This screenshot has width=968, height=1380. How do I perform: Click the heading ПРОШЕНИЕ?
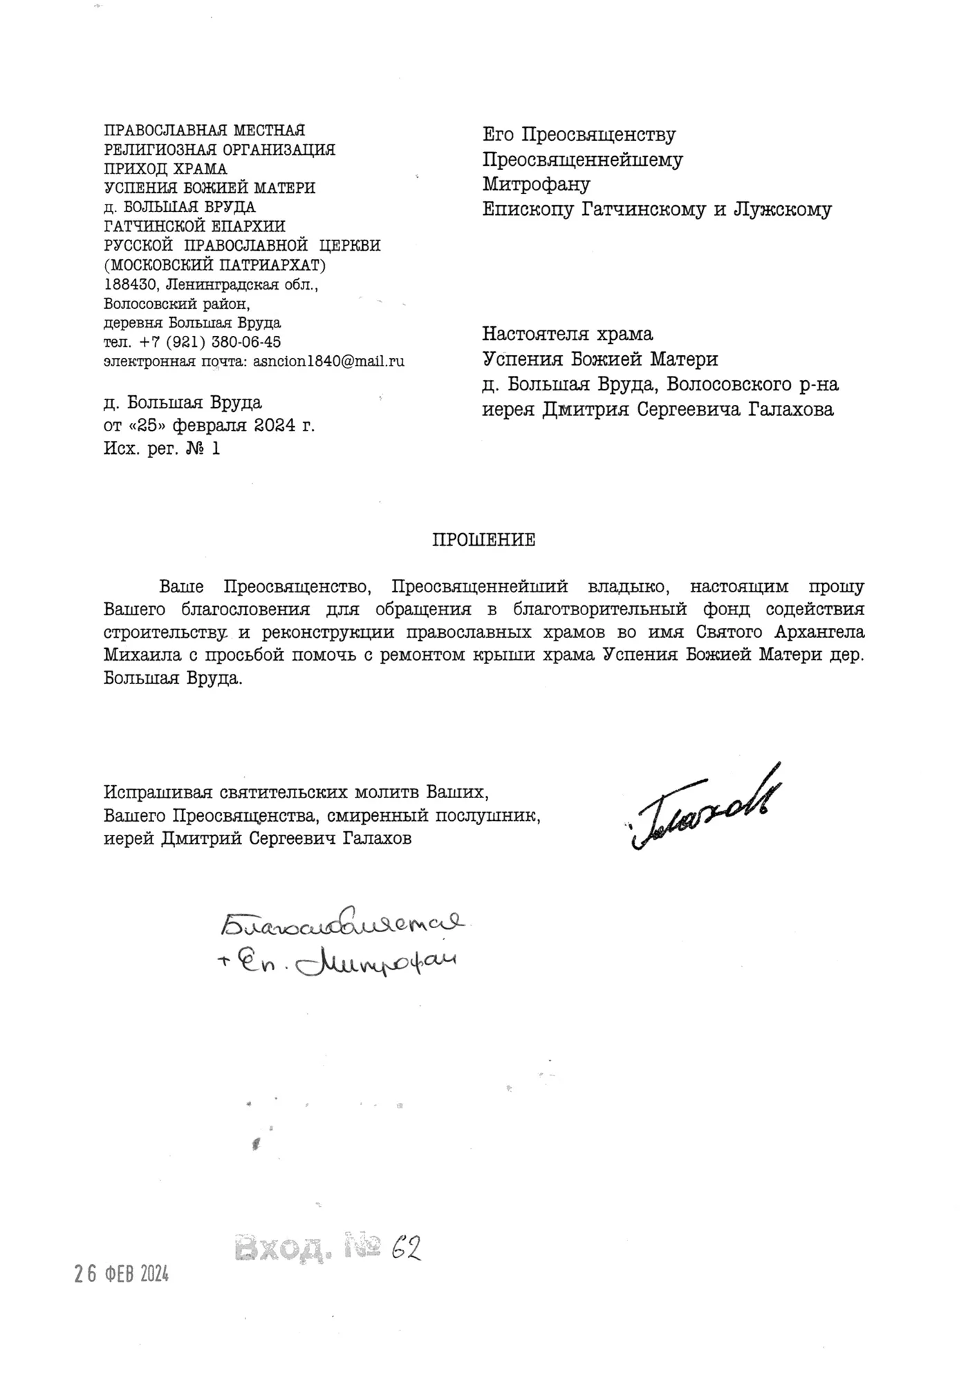[483, 540]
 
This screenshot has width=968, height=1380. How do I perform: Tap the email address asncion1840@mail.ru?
[328, 361]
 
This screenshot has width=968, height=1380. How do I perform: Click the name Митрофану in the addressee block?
[536, 185]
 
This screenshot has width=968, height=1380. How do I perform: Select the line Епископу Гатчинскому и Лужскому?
[657, 209]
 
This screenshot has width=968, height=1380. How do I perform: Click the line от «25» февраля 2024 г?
[209, 425]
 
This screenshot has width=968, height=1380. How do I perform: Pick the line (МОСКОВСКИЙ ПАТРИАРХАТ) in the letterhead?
[215, 265]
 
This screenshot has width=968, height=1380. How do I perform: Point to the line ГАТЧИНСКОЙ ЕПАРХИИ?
[194, 226]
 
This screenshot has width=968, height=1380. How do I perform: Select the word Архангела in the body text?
[822, 632]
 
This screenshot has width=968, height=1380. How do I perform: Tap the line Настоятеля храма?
[567, 334]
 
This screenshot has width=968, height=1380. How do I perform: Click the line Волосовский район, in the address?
[177, 303]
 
